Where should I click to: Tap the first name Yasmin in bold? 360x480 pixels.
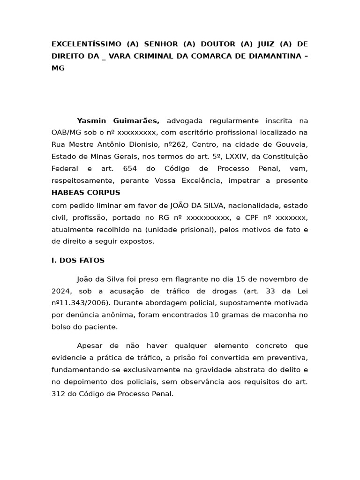tap(92, 120)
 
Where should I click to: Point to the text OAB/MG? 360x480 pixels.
tap(65, 133)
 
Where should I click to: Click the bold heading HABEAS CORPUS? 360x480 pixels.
tap(86, 193)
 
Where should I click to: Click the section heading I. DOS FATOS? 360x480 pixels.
tap(78, 260)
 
